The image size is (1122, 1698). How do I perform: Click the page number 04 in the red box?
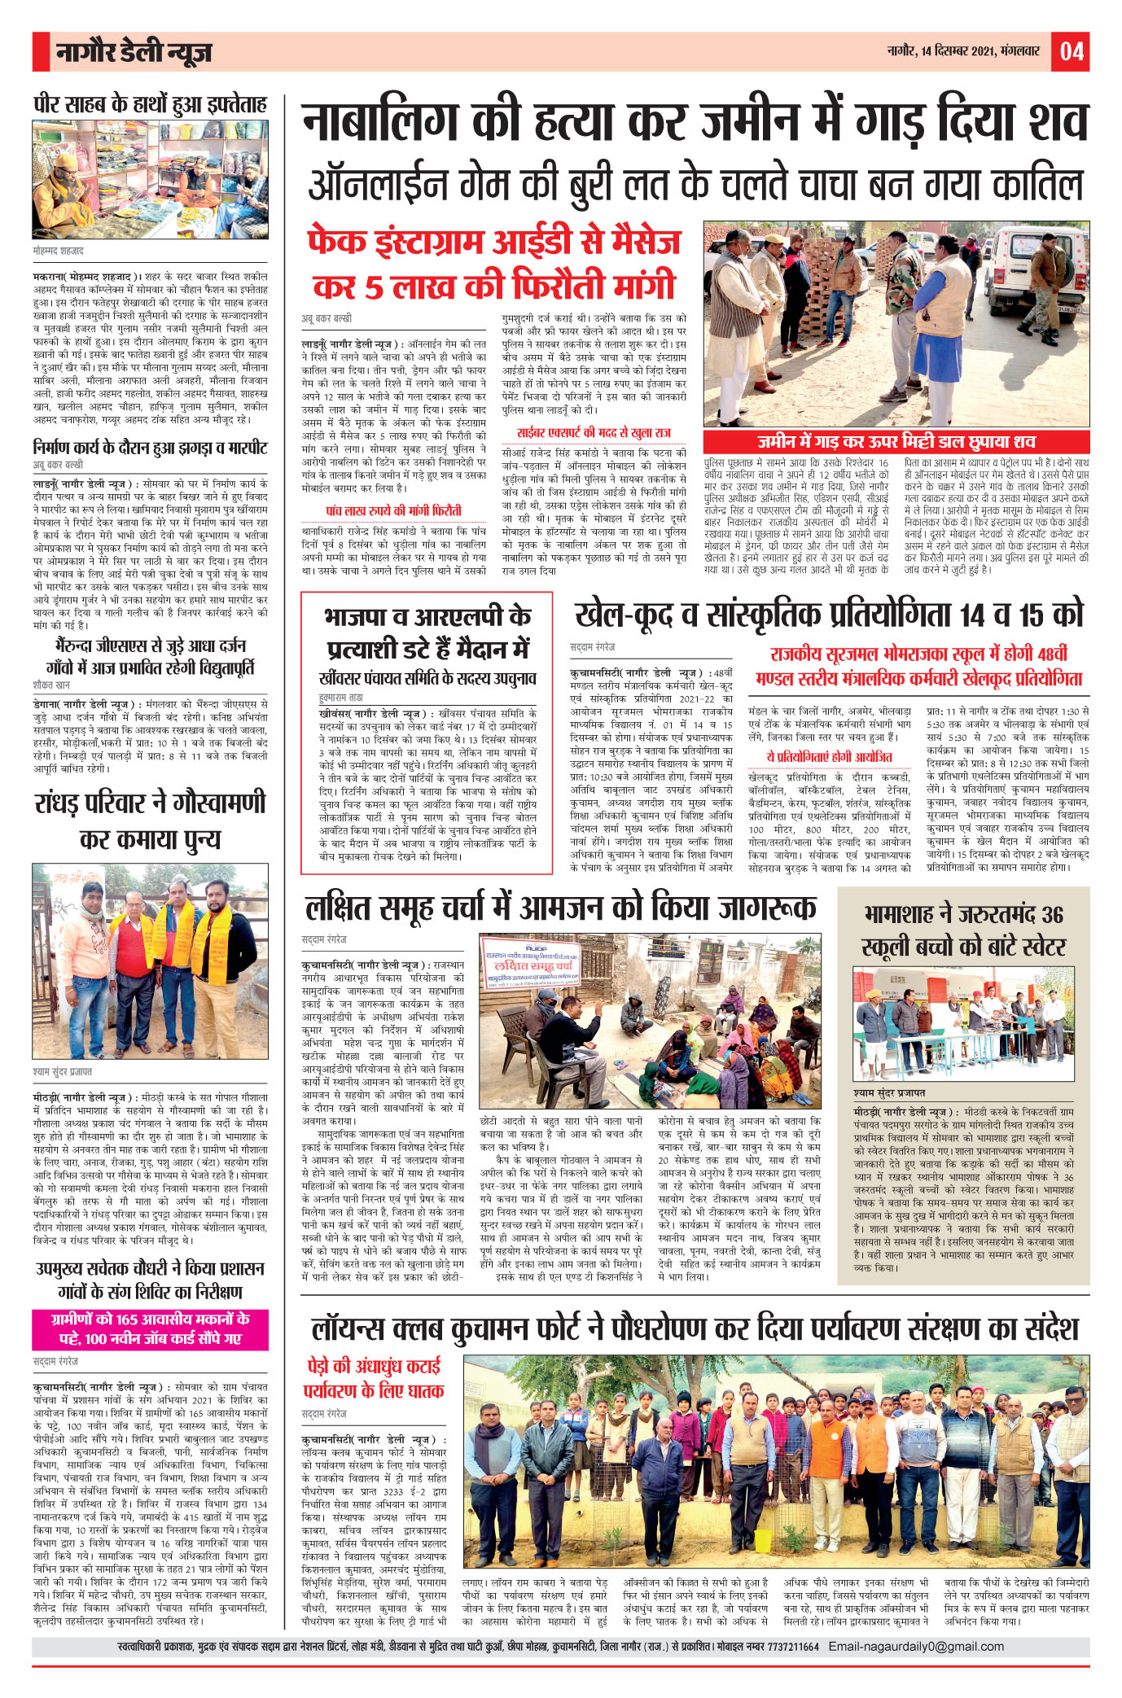[x=1071, y=51]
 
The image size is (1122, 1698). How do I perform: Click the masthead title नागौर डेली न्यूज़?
[x=134, y=52]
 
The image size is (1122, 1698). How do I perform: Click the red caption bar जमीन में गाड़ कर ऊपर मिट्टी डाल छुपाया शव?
[x=896, y=441]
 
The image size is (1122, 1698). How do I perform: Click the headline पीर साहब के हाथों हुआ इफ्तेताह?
[x=151, y=105]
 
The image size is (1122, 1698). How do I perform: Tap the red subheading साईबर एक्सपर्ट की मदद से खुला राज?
[x=594, y=433]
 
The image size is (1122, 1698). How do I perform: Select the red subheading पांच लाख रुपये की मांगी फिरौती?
[x=393, y=510]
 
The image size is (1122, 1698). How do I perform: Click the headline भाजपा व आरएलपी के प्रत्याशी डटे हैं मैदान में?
[x=427, y=632]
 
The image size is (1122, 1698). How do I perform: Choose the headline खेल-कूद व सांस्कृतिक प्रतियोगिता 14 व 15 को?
[x=829, y=615]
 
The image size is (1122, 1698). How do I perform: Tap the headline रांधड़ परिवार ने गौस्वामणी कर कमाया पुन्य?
[x=151, y=820]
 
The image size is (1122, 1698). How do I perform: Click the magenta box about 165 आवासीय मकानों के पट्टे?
[x=151, y=1328]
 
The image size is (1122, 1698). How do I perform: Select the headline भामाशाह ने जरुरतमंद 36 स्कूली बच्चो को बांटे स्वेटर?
[x=963, y=930]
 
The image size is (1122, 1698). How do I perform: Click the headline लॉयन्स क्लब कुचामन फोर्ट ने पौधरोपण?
[x=695, y=1328]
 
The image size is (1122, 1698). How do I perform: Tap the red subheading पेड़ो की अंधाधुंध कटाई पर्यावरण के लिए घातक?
[x=375, y=1377]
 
